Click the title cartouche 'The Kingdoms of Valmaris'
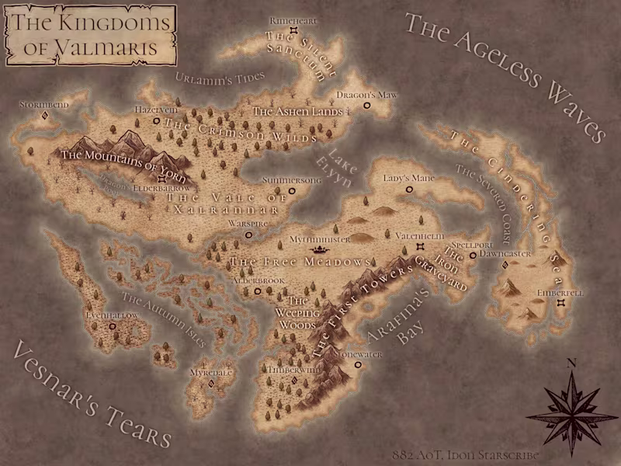coord(91,35)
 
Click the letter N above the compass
coord(571,362)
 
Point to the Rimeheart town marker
coord(294,31)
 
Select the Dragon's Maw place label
coord(366,95)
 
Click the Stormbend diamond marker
coord(45,116)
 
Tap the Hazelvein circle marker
coord(156,121)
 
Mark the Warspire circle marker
coord(248,234)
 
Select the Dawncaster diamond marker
coord(505,265)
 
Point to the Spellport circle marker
coord(473,255)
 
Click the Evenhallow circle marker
coord(113,327)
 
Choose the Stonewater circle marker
coord(358,364)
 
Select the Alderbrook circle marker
coord(258,291)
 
